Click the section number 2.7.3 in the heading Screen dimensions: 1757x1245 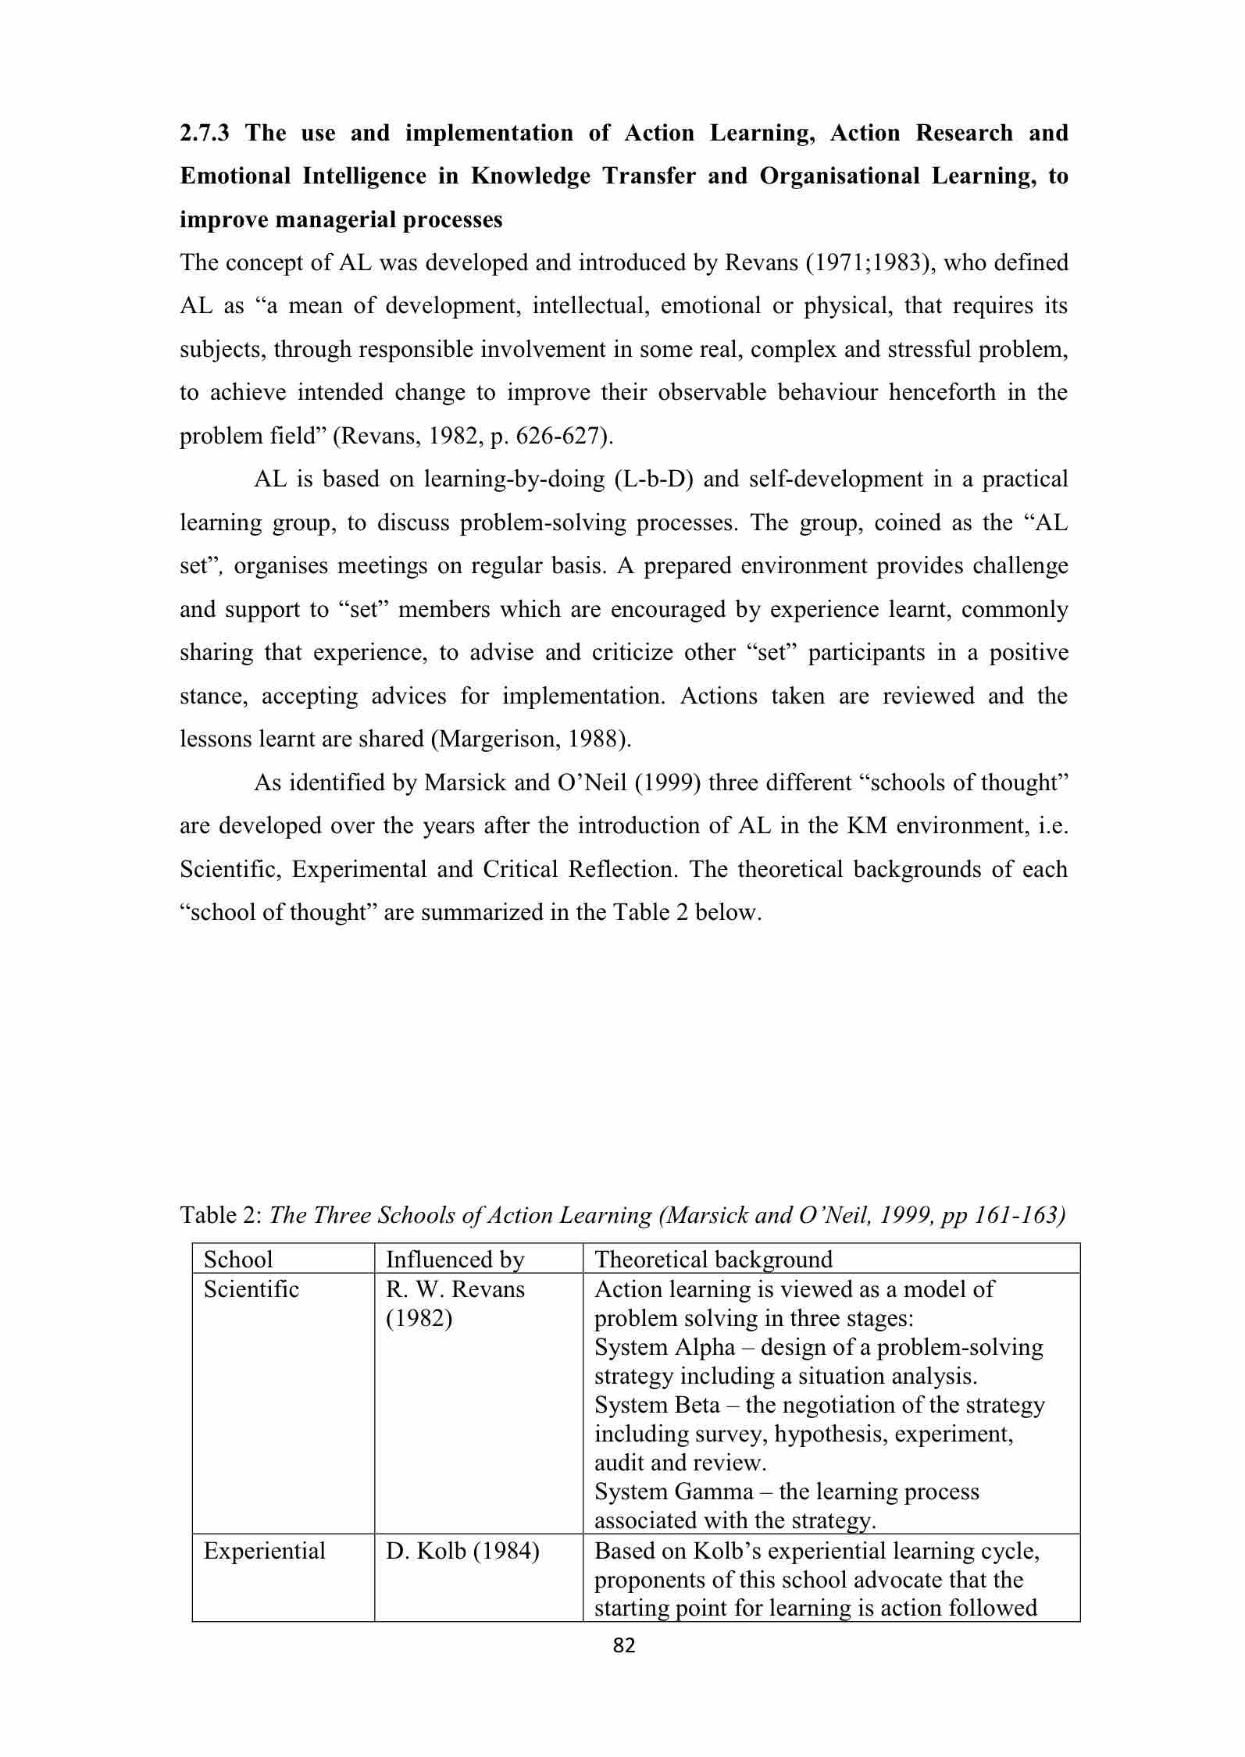(204, 134)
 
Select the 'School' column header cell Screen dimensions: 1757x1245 (238, 1259)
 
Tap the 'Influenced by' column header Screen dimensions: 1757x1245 (455, 1259)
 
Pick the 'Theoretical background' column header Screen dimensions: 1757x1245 (713, 1259)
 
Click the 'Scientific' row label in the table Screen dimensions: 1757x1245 (251, 1288)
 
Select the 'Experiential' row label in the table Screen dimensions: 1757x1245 (264, 1551)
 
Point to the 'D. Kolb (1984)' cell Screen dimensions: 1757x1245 (462, 1551)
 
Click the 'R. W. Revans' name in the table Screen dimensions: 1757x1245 (455, 1288)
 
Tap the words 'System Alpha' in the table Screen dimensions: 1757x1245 (665, 1347)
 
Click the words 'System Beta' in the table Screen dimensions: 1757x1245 (657, 1405)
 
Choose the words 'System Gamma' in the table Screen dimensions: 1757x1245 (673, 1491)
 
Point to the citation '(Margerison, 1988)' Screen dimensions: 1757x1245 (530, 739)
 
